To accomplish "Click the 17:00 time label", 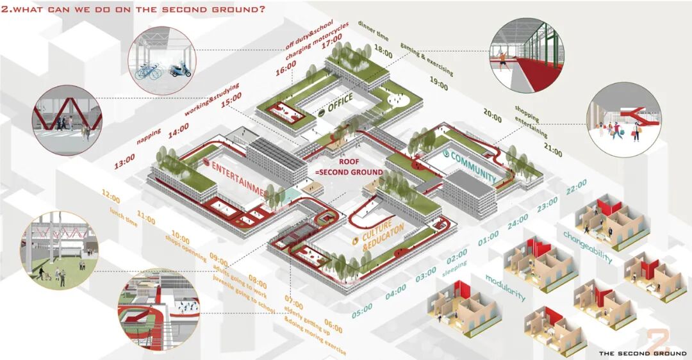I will [x=333, y=45].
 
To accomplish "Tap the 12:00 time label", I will [x=110, y=195].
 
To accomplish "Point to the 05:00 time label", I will [x=362, y=307].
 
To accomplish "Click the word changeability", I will [x=588, y=246].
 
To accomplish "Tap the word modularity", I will [x=506, y=287].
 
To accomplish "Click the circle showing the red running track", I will [x=524, y=56].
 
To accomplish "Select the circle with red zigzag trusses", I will [x=67, y=120].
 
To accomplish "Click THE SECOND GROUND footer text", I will [x=641, y=353].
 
